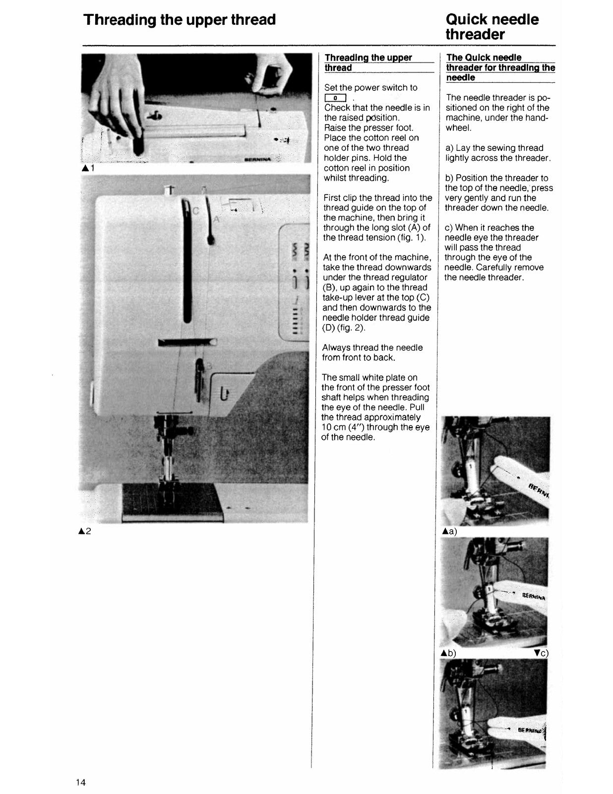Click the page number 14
81,783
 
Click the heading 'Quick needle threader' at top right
491,27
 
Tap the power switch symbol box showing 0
335,98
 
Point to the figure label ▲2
85,531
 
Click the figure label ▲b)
448,653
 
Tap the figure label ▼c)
541,653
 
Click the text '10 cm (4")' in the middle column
345,427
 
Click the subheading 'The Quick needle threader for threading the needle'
499,67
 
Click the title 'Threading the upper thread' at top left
180,20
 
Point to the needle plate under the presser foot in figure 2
172,502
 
